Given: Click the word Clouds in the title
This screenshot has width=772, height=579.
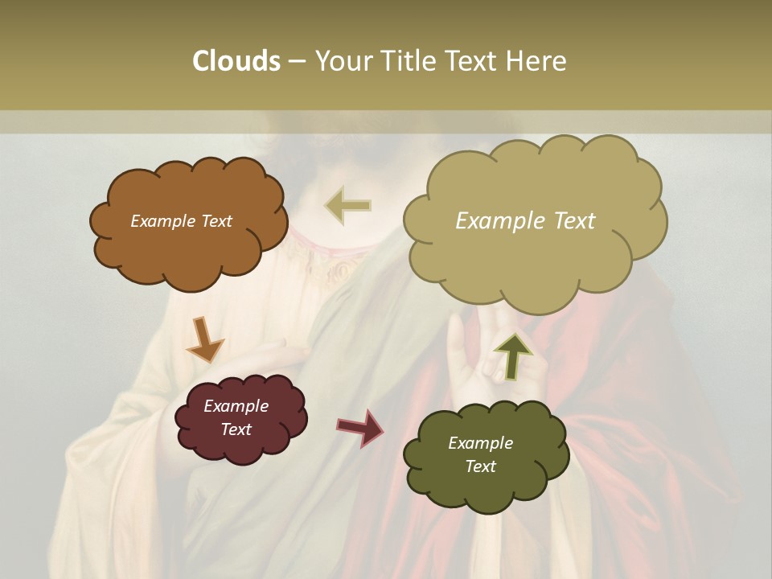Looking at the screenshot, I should click(x=236, y=61).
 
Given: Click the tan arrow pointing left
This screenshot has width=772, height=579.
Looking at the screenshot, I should click(x=347, y=205).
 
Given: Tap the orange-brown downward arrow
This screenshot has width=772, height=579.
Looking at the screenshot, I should click(x=204, y=339).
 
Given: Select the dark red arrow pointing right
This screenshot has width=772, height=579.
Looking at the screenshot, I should click(x=360, y=427).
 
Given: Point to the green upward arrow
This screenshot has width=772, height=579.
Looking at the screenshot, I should click(x=513, y=355).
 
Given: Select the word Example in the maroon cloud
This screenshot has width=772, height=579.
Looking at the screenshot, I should click(x=236, y=406).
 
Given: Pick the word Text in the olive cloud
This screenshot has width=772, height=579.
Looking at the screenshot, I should click(x=480, y=466).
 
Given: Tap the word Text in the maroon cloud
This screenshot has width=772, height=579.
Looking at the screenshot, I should click(x=236, y=429).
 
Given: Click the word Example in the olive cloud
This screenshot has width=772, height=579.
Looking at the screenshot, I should click(x=480, y=443).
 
